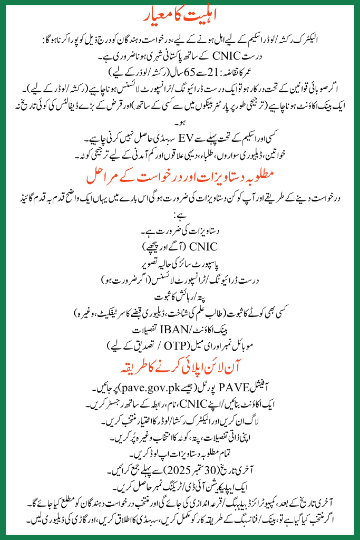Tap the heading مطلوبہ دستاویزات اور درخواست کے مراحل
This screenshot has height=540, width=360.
click(180, 173)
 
